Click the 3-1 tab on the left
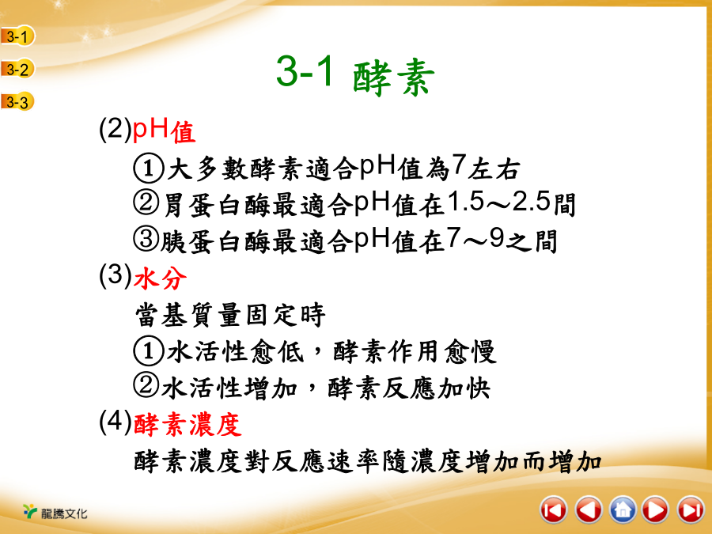pyautogui.click(x=17, y=36)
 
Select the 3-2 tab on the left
pyautogui.click(x=17, y=69)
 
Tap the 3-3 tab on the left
pyautogui.click(x=17, y=102)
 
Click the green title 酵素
pyautogui.click(x=393, y=78)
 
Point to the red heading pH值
pyautogui.click(x=164, y=131)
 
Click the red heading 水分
pyautogui.click(x=160, y=278)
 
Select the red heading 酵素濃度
pyautogui.click(x=187, y=425)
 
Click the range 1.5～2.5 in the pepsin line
pyautogui.click(x=499, y=202)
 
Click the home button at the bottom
pyautogui.click(x=622, y=510)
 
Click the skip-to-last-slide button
pyautogui.click(x=690, y=510)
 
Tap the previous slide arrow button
pyautogui.click(x=588, y=510)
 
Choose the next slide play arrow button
pyautogui.click(x=656, y=510)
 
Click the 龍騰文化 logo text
pyautogui.click(x=63, y=513)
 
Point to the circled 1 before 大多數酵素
pyautogui.click(x=148, y=168)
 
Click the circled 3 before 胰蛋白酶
pyautogui.click(x=146, y=239)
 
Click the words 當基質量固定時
pyautogui.click(x=230, y=315)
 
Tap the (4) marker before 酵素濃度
pyautogui.click(x=116, y=422)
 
